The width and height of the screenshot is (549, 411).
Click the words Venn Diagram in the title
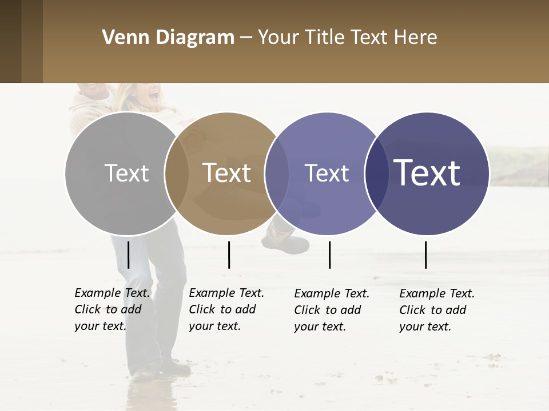coord(168,38)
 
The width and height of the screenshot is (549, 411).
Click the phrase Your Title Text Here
coord(348,38)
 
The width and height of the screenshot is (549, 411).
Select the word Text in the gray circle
coord(127,173)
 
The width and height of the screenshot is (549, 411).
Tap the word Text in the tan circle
coord(227,173)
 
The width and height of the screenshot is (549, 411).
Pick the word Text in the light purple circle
coord(327,173)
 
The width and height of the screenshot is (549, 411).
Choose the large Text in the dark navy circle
coord(427,173)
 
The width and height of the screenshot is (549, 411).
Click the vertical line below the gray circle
coord(128,255)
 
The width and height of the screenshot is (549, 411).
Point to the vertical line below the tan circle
coord(229,255)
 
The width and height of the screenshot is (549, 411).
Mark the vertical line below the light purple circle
coord(329,255)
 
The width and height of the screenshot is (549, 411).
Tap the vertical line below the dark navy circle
coord(425,255)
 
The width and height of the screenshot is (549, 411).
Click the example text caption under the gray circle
coord(112,309)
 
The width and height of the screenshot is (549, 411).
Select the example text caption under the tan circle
coord(226,309)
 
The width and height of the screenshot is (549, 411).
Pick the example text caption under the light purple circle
coord(332,310)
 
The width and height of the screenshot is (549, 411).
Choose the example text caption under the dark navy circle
coord(437,310)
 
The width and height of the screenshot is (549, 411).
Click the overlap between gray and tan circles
coord(177,174)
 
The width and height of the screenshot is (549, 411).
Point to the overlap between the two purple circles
coord(375,174)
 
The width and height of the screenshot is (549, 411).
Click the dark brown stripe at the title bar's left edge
coord(10,41)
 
